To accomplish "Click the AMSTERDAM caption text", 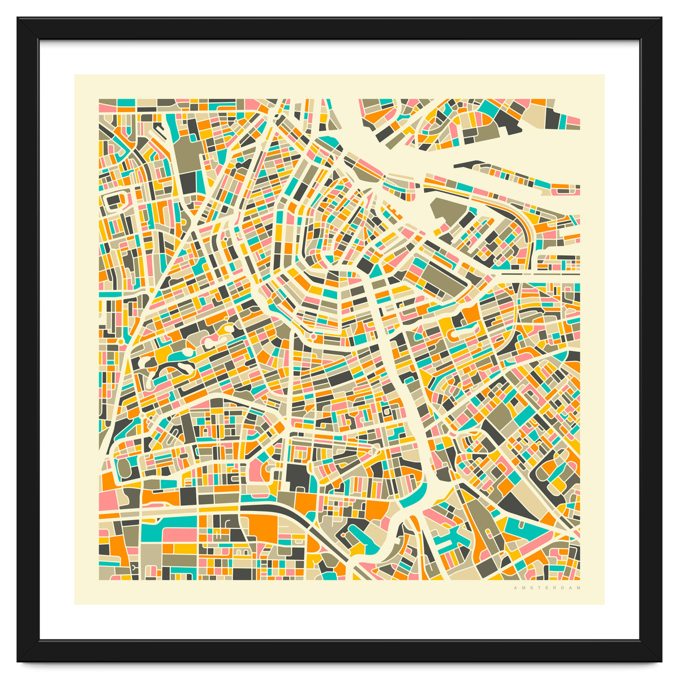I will [x=547, y=588].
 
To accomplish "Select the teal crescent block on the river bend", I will [x=412, y=498].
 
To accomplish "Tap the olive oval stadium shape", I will [x=124, y=467].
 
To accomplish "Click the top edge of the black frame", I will [x=339, y=28].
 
